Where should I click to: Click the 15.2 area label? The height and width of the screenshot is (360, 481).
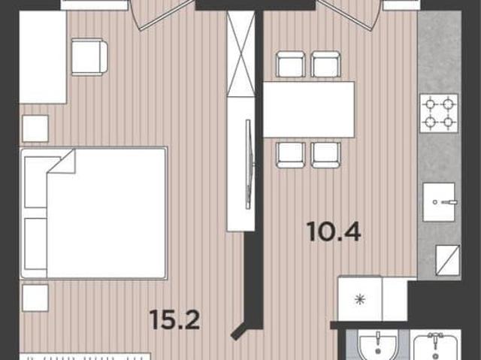175,319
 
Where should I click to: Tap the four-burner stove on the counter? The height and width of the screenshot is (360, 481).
439,113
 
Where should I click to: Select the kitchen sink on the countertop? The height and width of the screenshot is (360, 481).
439,202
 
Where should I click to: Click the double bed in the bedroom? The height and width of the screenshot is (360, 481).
94,213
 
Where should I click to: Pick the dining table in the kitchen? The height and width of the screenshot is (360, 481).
309,109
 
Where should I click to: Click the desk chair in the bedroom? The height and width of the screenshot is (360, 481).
89,56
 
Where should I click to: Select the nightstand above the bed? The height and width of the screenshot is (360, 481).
35,129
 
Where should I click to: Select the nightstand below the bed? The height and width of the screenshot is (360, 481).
35,298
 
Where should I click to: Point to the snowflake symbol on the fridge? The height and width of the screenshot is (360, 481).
358,299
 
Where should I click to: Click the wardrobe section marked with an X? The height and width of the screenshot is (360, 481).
240,53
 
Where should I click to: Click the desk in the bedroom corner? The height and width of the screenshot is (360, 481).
43,57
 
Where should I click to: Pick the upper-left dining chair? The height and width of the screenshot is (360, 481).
291,65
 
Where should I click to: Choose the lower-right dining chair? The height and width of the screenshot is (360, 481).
325,155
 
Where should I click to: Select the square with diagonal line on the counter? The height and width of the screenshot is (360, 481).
448,261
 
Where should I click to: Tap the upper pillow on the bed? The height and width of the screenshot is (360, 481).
36,182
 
